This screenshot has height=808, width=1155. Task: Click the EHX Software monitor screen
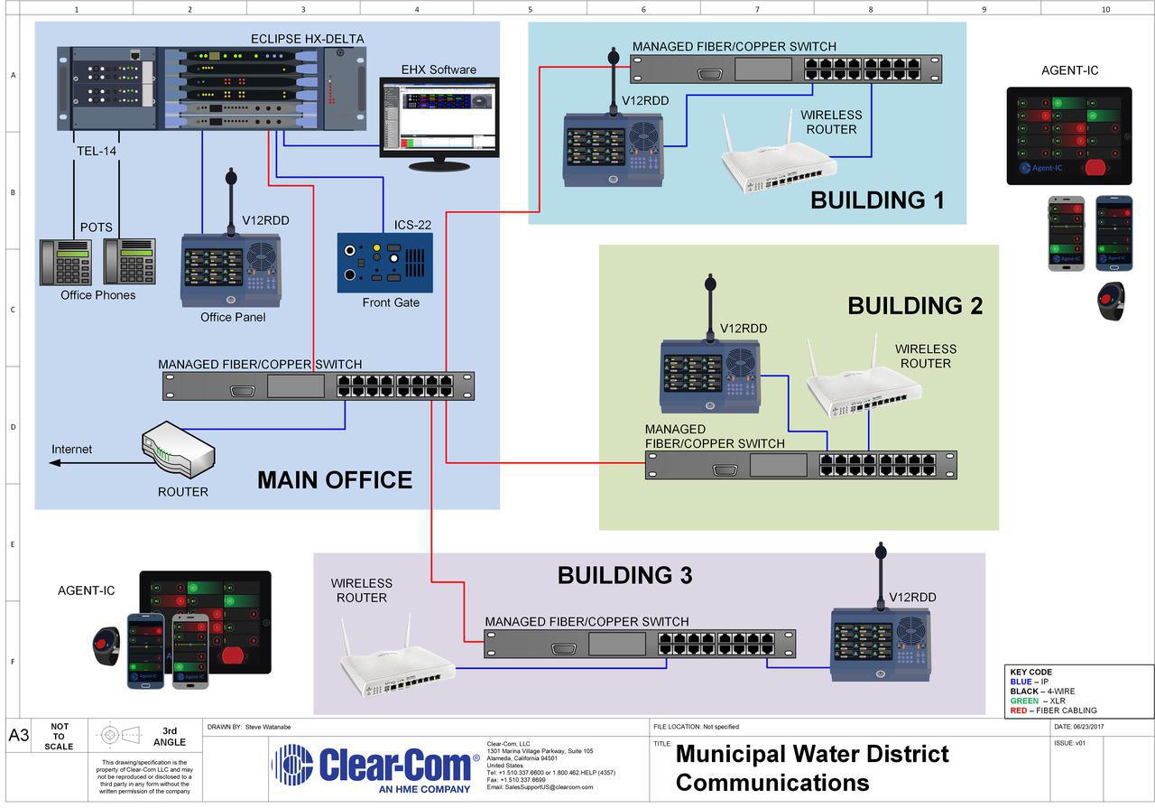tap(439, 117)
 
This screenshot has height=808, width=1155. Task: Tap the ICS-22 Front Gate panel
tap(384, 262)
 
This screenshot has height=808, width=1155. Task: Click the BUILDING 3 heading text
tap(624, 575)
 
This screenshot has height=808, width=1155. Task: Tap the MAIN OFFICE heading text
tap(335, 479)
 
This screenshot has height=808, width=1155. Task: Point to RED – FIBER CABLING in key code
tap(1053, 710)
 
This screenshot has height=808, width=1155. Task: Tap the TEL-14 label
tap(97, 151)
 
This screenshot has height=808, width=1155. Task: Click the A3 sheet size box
tap(19, 735)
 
